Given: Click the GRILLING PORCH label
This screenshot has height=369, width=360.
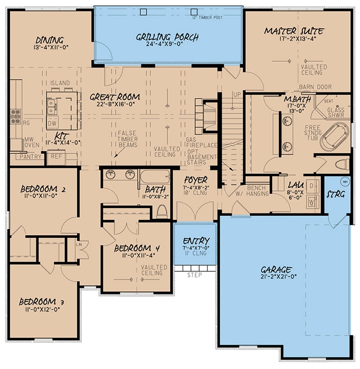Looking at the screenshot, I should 167,37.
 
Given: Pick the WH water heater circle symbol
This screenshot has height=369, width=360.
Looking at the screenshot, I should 346,181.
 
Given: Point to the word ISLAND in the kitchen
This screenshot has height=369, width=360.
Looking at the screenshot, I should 60,83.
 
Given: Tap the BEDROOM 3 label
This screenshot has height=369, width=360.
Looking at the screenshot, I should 41,302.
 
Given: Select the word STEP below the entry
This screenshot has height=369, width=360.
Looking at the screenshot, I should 195,275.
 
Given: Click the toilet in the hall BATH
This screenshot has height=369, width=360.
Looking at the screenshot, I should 162,210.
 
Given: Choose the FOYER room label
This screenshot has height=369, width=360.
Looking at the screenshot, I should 196,179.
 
